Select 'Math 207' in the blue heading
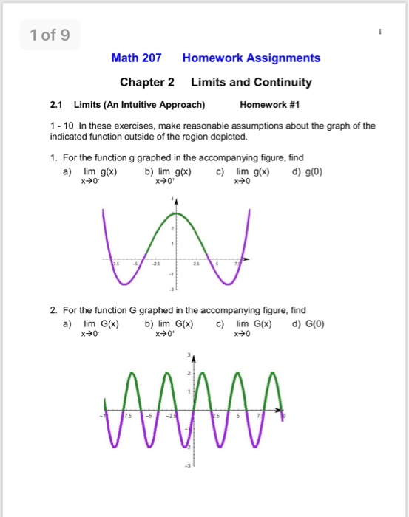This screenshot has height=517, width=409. click(x=136, y=58)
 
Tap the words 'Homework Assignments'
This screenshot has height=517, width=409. click(x=251, y=58)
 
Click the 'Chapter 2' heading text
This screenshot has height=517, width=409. click(x=146, y=82)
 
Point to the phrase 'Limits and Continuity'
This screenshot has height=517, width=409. click(x=251, y=82)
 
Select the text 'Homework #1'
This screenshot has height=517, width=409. click(x=271, y=104)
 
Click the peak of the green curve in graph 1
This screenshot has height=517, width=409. click(x=175, y=213)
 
